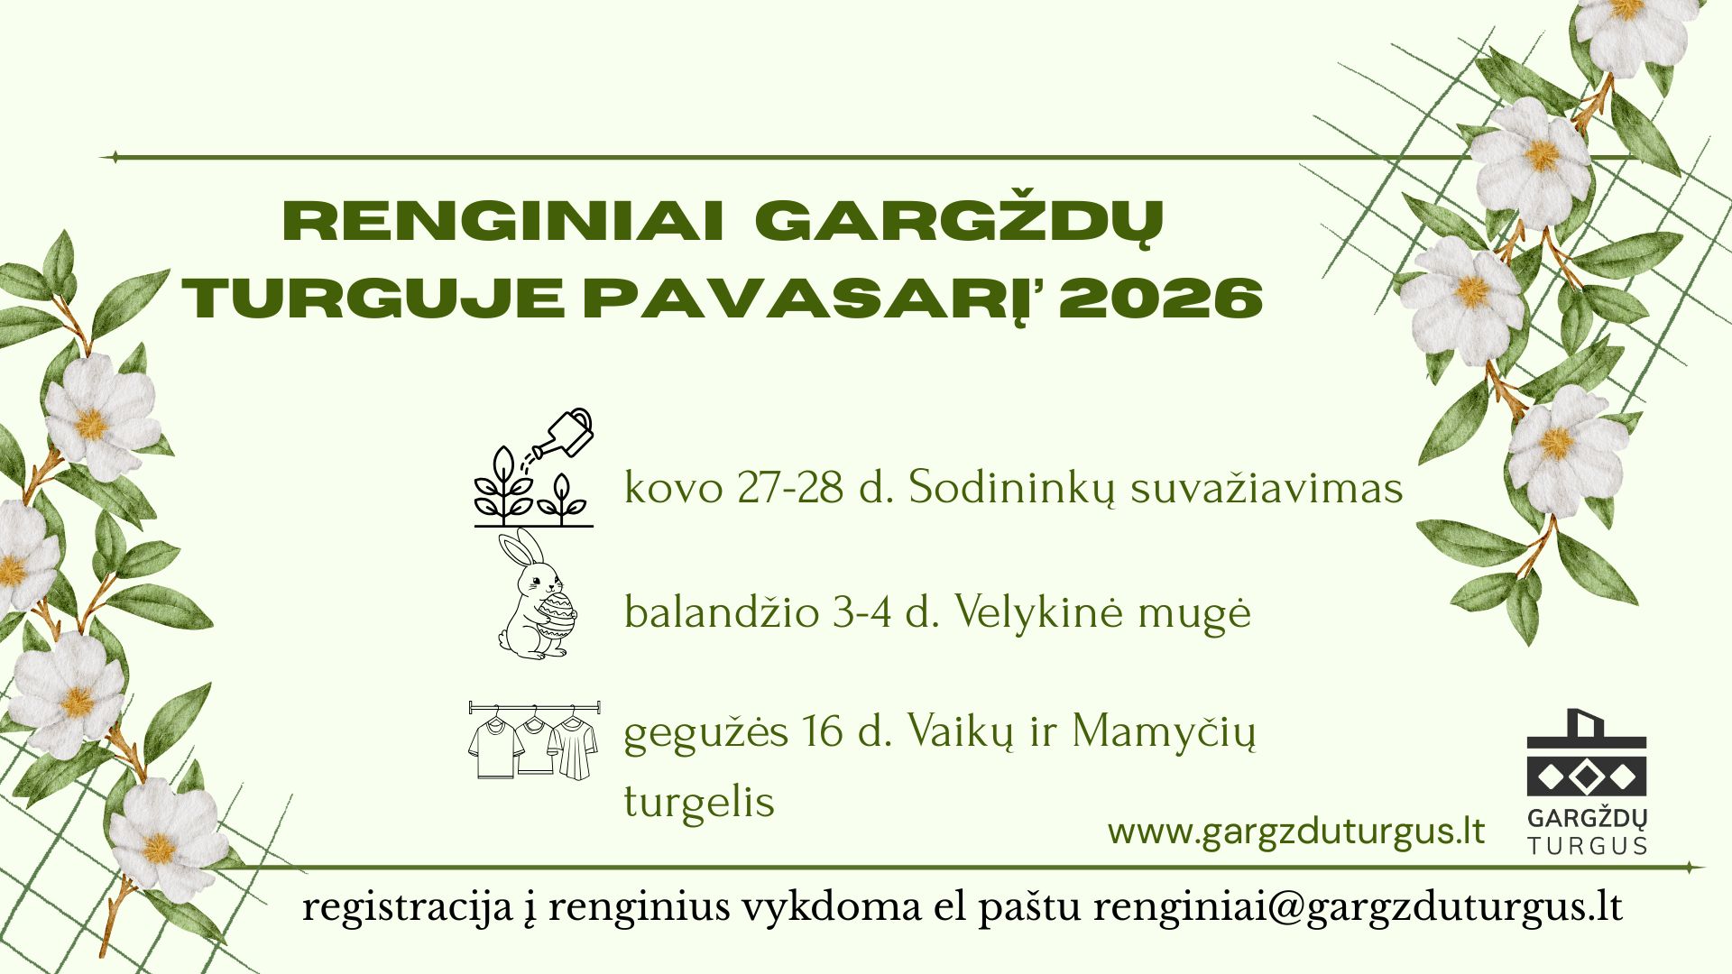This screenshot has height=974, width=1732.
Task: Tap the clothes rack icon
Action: (x=533, y=740)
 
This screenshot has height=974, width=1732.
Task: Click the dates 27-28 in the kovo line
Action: (x=789, y=488)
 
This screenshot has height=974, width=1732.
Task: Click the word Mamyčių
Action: (x=1164, y=731)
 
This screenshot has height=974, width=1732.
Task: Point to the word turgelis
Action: (x=699, y=801)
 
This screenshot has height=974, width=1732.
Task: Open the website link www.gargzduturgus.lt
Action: (x=1296, y=832)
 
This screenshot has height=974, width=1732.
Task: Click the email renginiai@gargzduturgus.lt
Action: (x=1358, y=907)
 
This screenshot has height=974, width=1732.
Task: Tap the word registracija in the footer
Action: (x=407, y=907)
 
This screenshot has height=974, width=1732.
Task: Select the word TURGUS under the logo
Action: (x=1587, y=846)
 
